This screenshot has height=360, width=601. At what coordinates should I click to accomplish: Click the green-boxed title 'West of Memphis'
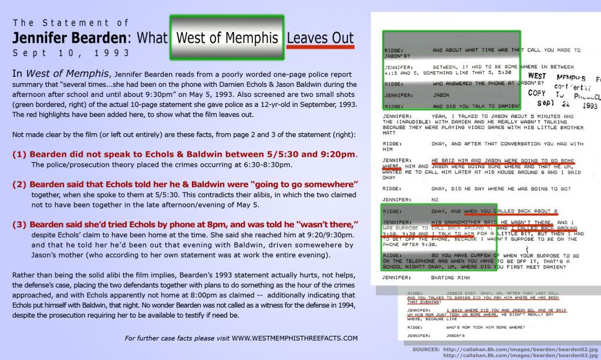click(227, 38)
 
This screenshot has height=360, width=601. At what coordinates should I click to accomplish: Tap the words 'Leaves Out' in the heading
click(320, 38)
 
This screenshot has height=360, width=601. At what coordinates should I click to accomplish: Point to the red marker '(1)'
click(19, 154)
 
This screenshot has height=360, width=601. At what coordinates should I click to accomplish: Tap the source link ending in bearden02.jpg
click(521, 349)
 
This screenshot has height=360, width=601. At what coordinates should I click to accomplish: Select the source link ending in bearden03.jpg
click(521, 355)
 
